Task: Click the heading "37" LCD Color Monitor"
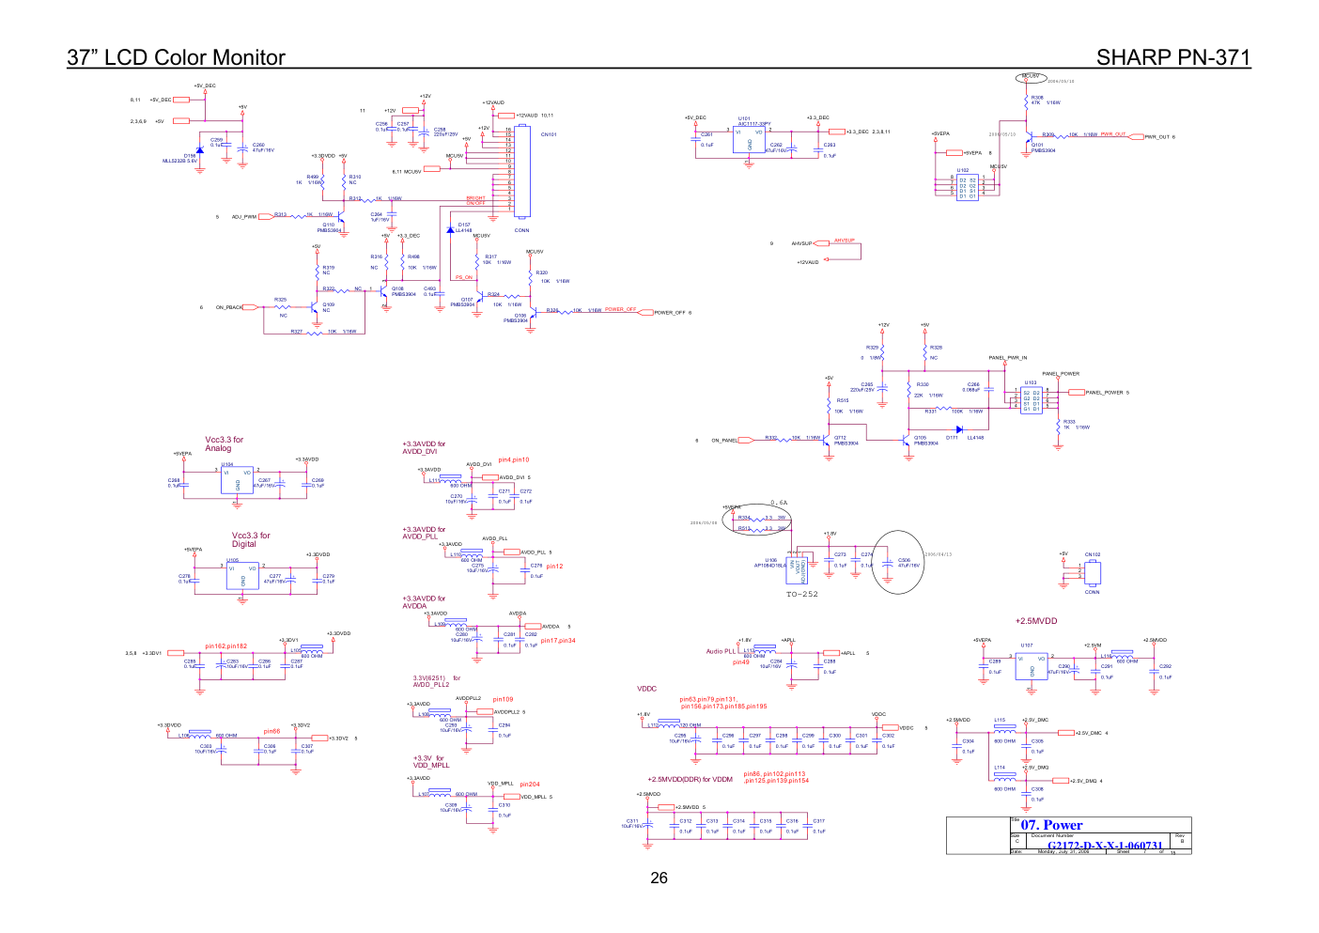[x=176, y=57]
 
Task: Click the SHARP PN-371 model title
[x=1172, y=57]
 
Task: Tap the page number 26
[x=659, y=878]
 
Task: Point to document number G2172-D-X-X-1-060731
[x=1105, y=846]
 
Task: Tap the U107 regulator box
[x=1032, y=666]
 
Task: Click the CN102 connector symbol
[x=1092, y=572]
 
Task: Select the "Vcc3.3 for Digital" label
[x=250, y=539]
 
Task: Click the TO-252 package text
[x=801, y=594]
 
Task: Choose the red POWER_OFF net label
[x=620, y=309]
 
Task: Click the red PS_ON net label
[x=464, y=277]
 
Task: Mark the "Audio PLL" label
[x=721, y=651]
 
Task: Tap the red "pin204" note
[x=529, y=784]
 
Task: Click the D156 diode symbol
[x=199, y=149]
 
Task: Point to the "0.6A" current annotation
[x=779, y=503]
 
